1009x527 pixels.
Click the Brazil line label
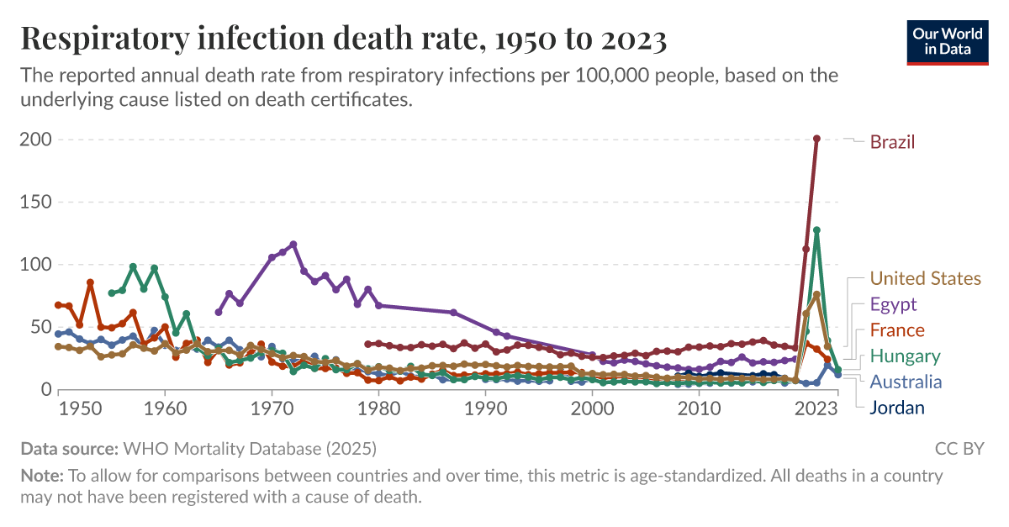[x=892, y=142]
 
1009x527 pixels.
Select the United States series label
[x=925, y=278]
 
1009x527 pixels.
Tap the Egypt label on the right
[x=893, y=304]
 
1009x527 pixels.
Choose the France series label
[x=896, y=330]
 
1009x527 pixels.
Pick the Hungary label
[x=905, y=356]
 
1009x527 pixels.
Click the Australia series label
[x=906, y=382]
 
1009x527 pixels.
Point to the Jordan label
[x=897, y=408]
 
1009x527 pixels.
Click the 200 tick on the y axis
[x=34, y=140]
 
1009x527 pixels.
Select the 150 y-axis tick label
[x=34, y=203]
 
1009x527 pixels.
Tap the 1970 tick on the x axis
[x=272, y=409]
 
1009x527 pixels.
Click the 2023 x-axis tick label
[x=816, y=409]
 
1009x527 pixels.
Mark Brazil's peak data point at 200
[x=816, y=139]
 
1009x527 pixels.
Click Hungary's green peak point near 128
[x=816, y=230]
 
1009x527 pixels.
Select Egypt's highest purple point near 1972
[x=293, y=245]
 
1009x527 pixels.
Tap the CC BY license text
[x=959, y=448]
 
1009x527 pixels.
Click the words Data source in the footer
[x=69, y=448]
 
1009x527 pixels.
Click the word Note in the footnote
[x=39, y=476]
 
